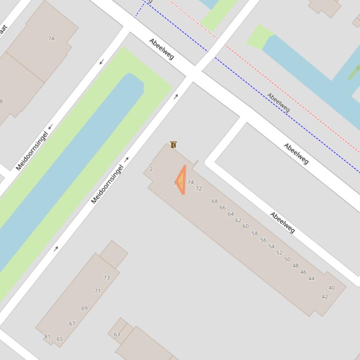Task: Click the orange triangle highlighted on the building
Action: [x=181, y=180]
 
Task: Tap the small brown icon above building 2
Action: [x=173, y=145]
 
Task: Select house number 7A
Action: [x=51, y=39]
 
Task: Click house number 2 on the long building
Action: [x=151, y=169]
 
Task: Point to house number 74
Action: [x=191, y=182]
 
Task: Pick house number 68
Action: [x=214, y=202]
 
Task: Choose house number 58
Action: [x=255, y=233]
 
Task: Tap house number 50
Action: [x=287, y=259]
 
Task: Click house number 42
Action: [x=325, y=297]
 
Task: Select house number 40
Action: [x=332, y=288]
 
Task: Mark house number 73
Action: [x=107, y=278]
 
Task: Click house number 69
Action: [x=84, y=309]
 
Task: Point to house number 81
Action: [x=47, y=337]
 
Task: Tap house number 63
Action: [x=117, y=334]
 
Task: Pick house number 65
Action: [x=59, y=339]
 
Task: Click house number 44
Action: [x=311, y=279]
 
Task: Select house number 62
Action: [x=238, y=221]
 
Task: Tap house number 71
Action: [x=97, y=291]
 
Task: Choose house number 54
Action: [x=271, y=246]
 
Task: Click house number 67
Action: [x=72, y=324]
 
